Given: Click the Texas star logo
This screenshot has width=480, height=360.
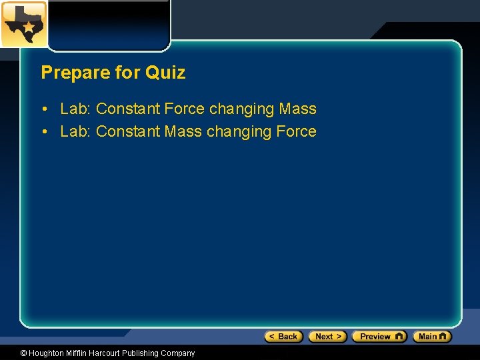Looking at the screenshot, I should [23, 24].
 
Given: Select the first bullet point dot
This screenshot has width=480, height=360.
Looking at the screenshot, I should [43, 109].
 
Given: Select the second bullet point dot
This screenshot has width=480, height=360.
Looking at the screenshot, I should [43, 132].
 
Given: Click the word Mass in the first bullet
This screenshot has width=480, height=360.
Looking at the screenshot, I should [298, 109].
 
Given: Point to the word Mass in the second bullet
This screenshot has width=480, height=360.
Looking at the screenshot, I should [182, 131].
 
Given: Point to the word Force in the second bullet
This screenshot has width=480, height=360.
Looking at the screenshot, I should [296, 131].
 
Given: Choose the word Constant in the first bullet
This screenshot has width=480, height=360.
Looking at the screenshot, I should [127, 109].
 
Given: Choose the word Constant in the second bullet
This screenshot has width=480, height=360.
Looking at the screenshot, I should [127, 131].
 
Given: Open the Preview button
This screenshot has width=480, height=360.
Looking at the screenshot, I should [379, 337].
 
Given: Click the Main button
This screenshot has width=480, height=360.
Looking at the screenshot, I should [432, 337].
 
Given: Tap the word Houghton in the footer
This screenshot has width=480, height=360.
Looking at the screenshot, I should [47, 353].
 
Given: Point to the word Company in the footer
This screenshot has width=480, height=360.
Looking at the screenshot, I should [179, 353].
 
